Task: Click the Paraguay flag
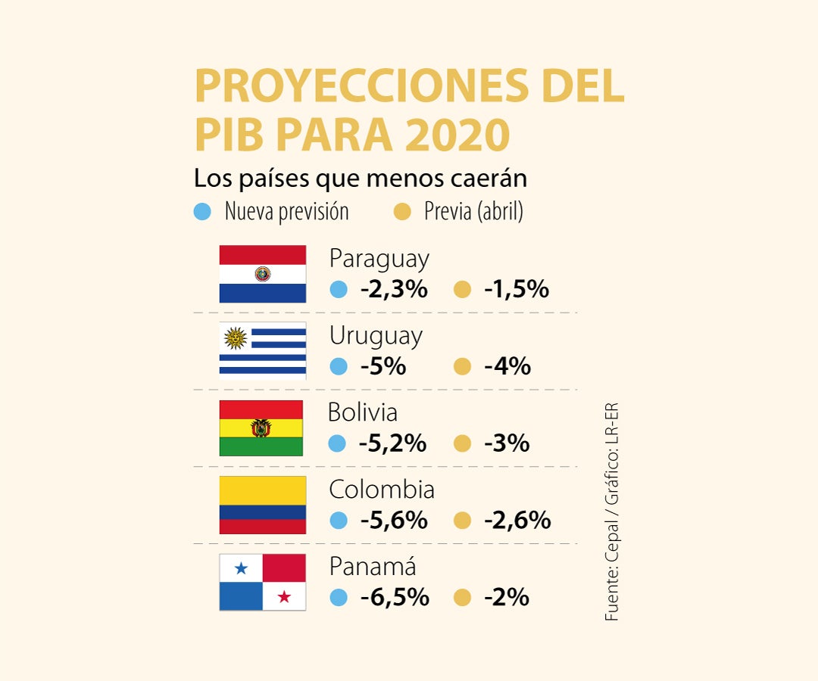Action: pos(263,274)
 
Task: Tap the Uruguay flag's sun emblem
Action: pos(236,337)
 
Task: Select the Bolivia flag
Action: pos(261,428)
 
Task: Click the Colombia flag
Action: pos(263,505)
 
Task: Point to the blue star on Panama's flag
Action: pos(241,567)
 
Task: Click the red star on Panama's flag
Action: pos(284,597)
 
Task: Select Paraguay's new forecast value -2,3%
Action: pos(394,289)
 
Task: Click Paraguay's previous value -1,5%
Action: pos(516,289)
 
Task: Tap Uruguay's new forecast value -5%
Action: pos(383,366)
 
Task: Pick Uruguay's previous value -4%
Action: pos(507,366)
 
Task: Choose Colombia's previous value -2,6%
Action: pos(517,521)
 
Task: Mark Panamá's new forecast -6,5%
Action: pos(395,598)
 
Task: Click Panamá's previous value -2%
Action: pos(506,598)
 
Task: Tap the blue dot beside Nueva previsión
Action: pos(202,212)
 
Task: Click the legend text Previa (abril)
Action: pos(473,212)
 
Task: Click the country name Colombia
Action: pos(382,490)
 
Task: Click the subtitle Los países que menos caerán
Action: pos(361,179)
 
